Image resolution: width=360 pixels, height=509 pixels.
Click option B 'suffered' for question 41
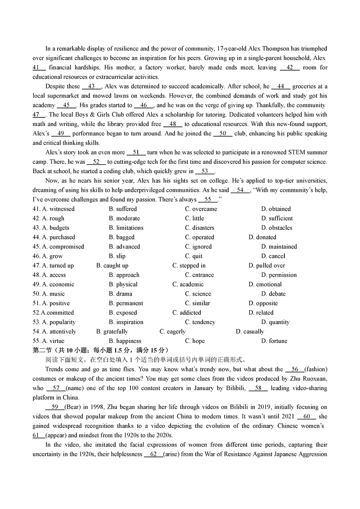coord(122,209)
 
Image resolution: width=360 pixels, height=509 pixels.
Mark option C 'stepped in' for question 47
coord(189,266)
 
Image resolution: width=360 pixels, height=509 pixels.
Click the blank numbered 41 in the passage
coord(39,68)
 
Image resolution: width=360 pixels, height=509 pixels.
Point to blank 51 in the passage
coord(136,153)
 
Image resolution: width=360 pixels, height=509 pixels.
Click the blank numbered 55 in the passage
coord(208,199)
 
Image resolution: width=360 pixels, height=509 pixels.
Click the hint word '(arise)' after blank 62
coord(173,454)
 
